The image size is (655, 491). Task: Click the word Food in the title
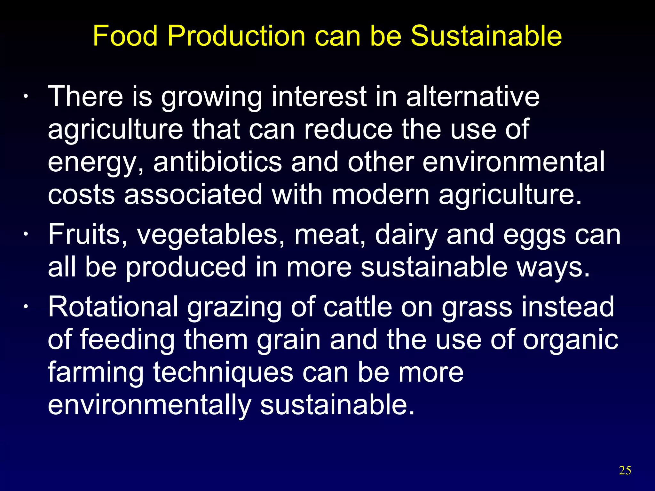125,36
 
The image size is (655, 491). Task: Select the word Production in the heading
236,36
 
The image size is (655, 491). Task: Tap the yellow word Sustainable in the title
486,36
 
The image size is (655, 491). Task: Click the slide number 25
625,470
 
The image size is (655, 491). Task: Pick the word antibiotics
217,162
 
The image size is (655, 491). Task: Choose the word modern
381,195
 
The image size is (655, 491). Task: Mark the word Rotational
113,307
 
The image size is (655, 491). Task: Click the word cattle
358,307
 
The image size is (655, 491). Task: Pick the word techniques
223,373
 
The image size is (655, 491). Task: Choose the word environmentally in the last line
149,405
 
